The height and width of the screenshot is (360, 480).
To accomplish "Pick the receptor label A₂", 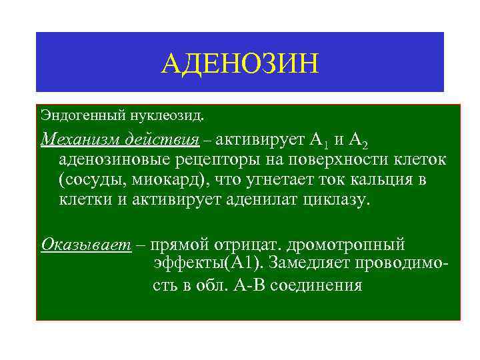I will tap(361, 141).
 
